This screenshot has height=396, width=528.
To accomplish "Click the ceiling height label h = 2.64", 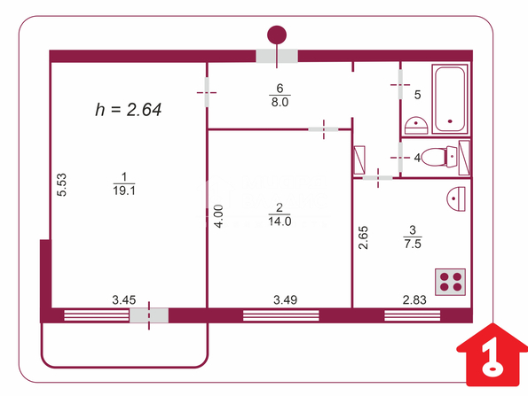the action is coord(129,110).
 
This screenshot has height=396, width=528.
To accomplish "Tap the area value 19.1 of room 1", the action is coord(124,191).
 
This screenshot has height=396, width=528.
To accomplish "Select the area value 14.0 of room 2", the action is coord(280,221).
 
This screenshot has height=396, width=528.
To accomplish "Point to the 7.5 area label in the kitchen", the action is coord(413,244).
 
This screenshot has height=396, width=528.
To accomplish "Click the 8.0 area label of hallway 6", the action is coord(280,102).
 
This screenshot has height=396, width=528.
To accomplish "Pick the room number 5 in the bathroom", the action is coord(417,95).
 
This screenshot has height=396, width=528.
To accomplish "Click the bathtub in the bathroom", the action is coord(450,99).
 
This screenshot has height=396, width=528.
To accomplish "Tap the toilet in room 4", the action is coord(439,157).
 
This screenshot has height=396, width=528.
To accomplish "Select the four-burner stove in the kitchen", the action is coord(450,282).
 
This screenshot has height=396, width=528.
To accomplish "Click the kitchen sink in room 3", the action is coord(456,198).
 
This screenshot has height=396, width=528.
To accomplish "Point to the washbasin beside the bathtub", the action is coord(416,126).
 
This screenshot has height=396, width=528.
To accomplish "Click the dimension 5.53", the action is coord(61,184).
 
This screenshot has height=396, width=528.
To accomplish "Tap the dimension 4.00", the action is coord(219,216).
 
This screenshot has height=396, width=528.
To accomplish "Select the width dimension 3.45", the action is coord(124,299).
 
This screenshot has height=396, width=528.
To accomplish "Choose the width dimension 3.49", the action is coord(285,299).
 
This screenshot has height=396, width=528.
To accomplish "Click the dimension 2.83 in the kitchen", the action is coord(414,299).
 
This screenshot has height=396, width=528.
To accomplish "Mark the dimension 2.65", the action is coord(363,237).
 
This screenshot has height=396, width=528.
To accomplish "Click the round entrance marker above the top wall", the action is coord(277,35).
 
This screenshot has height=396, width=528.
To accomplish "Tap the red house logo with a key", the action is coord(493,354).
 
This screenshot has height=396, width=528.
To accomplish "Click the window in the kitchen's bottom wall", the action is coord(412,315).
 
